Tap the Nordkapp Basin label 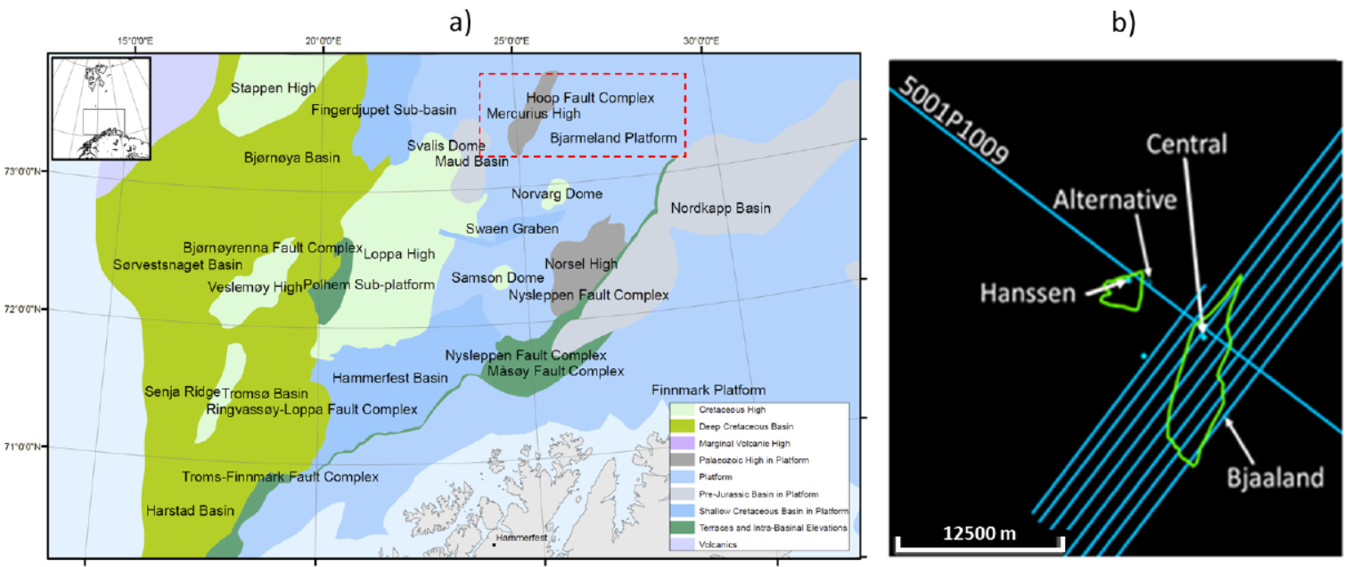pos(720,208)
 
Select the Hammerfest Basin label pos(389,378)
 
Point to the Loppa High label pos(399,254)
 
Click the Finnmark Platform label pos(708,390)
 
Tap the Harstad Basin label pos(190,511)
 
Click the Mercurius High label pos(533,113)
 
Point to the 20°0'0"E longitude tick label pos(323,41)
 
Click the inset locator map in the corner pos(101,109)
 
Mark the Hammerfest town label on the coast pos(516,539)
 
